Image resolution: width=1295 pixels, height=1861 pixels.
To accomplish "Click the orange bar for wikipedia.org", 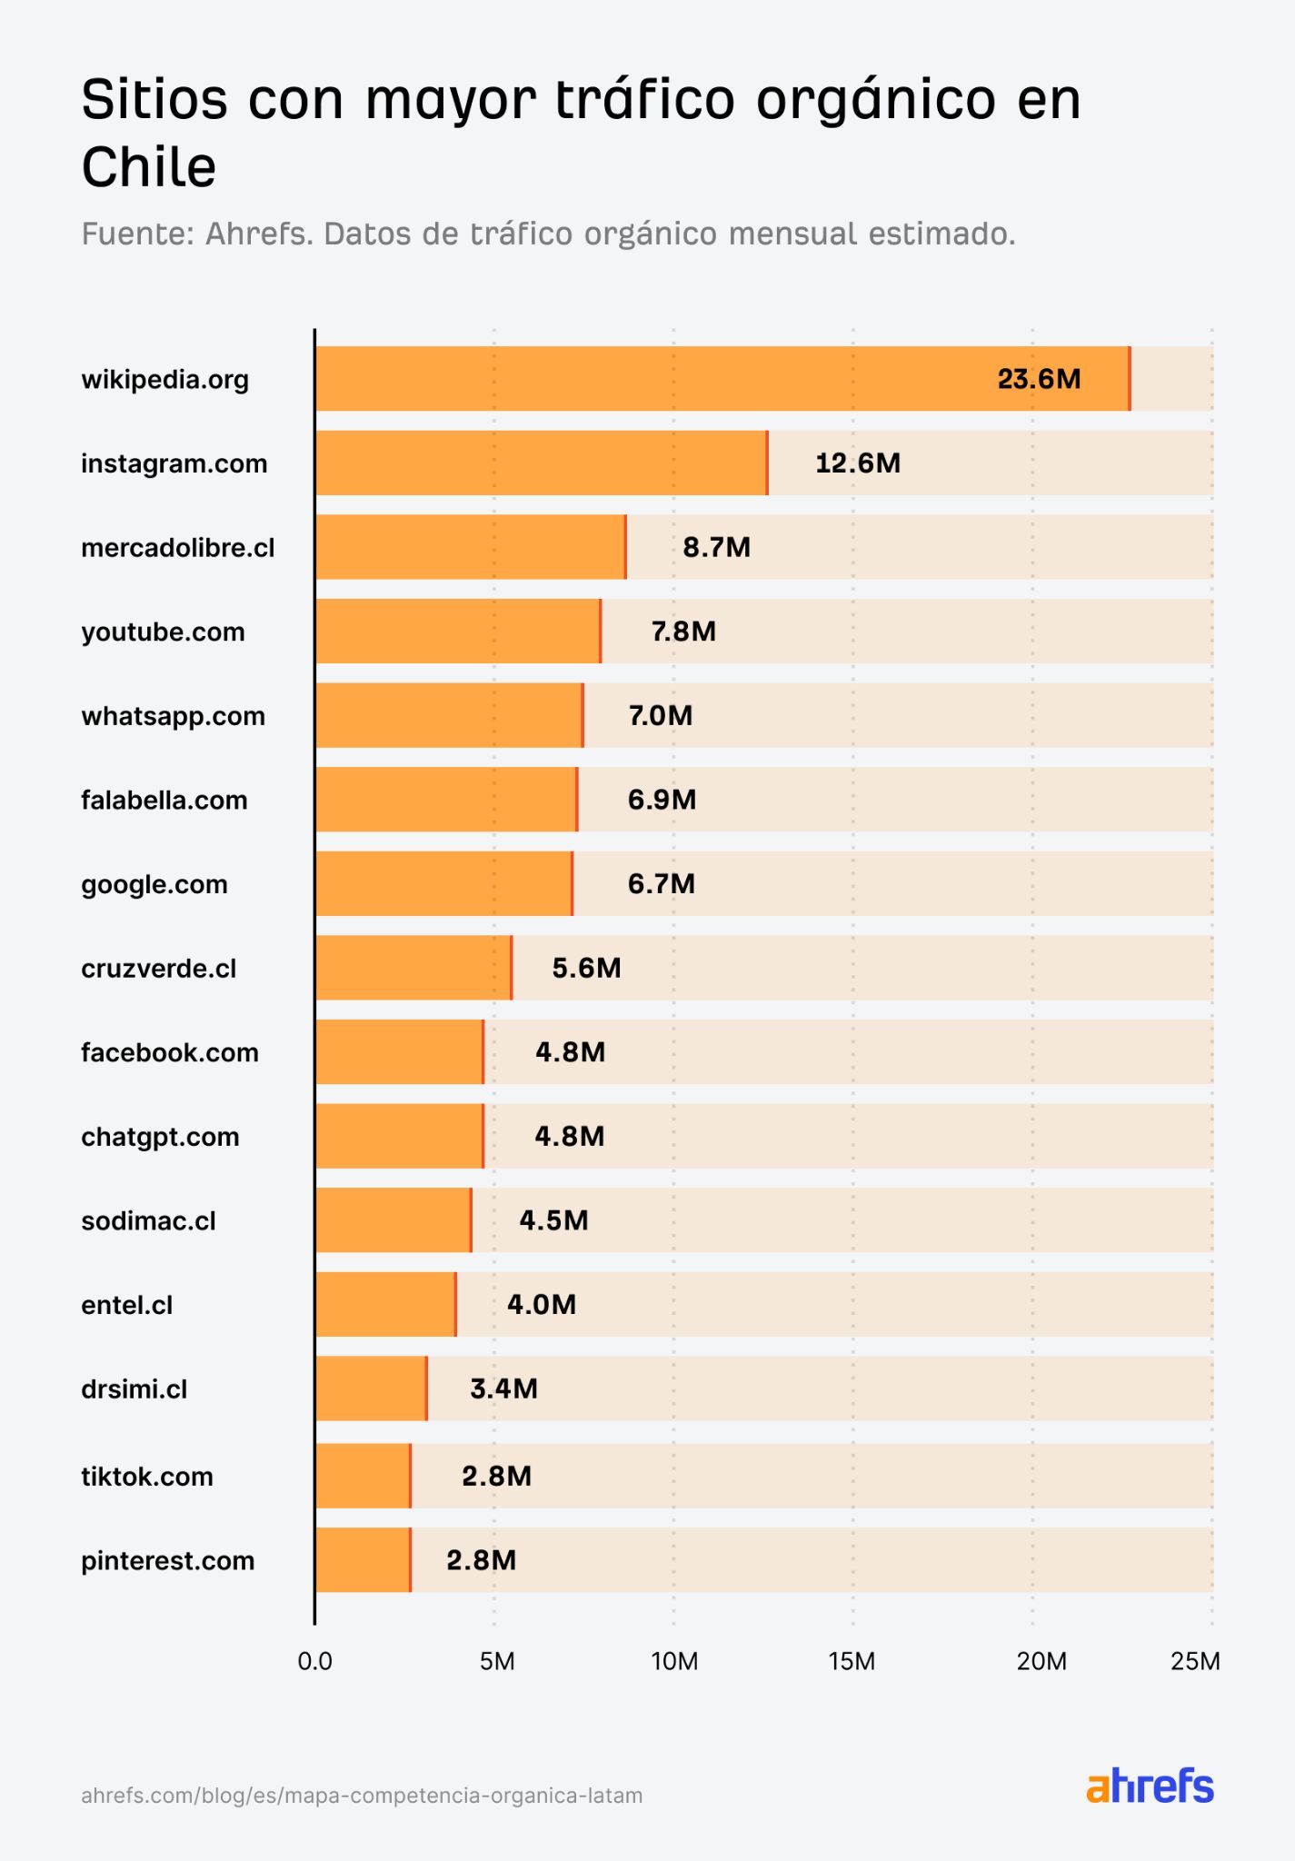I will click(722, 378).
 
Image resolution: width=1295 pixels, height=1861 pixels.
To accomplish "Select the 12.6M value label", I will click(857, 463).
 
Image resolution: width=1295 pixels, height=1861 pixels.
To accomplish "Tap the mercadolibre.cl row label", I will click(178, 548).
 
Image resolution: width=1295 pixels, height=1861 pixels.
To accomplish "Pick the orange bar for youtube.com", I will click(457, 632).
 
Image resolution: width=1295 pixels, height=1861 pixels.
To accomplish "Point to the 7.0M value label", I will click(661, 716).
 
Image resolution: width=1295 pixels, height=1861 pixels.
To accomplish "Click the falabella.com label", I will click(164, 801).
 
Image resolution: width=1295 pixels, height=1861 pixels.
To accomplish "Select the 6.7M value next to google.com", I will click(661, 884).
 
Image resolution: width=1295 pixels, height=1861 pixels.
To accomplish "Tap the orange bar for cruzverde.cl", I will click(413, 968).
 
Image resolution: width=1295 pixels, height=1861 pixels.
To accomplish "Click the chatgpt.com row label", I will click(160, 1137).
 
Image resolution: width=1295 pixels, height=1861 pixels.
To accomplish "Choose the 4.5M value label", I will click(553, 1220).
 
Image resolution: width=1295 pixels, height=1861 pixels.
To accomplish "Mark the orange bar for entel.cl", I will click(385, 1305).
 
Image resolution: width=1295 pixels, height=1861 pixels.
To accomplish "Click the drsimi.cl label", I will click(134, 1389).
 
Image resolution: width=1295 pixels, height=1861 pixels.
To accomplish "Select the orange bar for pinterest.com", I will click(363, 1560).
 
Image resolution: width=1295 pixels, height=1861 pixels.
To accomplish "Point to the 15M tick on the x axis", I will click(852, 1662).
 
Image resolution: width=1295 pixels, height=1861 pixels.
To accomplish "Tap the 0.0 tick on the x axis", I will click(314, 1662).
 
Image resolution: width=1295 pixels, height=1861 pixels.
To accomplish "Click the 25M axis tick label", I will click(1195, 1662).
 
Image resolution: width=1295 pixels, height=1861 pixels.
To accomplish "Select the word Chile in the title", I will click(149, 168).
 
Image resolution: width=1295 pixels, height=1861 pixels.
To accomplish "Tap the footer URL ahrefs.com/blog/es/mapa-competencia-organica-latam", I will click(362, 1796).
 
